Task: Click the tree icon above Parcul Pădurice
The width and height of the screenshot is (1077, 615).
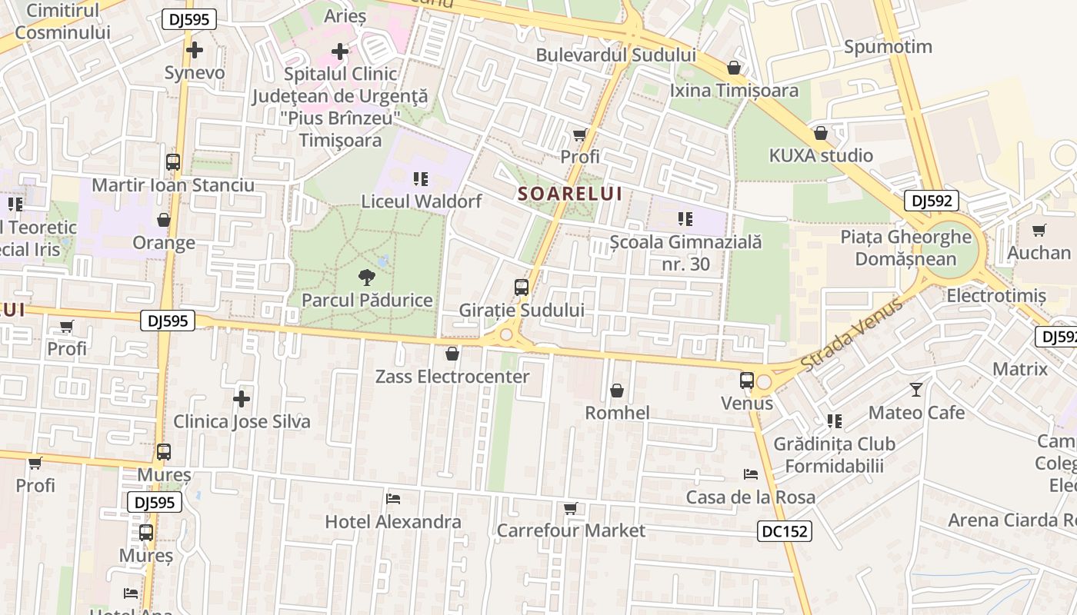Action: point(367,278)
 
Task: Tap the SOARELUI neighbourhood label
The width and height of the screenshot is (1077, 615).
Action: point(569,194)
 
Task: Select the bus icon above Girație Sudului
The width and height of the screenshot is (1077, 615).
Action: point(522,288)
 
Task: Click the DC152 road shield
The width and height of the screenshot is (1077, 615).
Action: point(784,531)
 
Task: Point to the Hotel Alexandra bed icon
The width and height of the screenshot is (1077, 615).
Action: point(393,499)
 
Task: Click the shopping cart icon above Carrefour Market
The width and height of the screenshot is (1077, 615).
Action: point(570,508)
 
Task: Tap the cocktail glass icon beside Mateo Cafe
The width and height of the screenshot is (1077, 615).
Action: point(915,390)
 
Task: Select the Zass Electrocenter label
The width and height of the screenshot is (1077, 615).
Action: point(452,377)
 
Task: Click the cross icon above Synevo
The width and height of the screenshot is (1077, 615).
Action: point(195,51)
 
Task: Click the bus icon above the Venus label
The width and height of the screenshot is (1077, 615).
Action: point(746,381)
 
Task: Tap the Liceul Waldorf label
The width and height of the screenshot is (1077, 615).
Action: point(422,201)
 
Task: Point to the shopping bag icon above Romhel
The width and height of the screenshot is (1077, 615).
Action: point(617,391)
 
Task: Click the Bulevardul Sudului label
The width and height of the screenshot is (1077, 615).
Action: point(615,55)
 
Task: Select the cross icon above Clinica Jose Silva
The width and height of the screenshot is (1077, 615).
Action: point(242,398)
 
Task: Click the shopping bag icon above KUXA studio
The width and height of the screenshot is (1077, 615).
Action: point(821,133)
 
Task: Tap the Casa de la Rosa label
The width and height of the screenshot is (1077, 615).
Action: point(750,497)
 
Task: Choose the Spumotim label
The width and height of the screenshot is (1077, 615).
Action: point(888,47)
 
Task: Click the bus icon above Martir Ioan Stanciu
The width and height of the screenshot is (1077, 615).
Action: point(173,162)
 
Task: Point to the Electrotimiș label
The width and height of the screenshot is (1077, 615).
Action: point(995,296)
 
